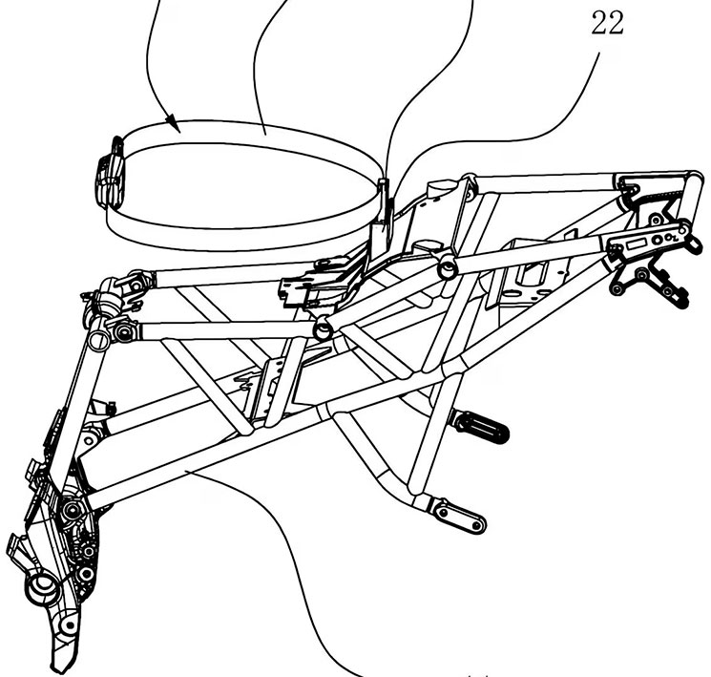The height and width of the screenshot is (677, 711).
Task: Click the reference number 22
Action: [x=608, y=24]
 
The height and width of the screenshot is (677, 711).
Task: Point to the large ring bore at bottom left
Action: [x=44, y=586]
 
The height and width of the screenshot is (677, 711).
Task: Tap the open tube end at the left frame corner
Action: [x=99, y=340]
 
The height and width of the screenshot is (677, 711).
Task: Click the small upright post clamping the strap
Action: [x=383, y=202]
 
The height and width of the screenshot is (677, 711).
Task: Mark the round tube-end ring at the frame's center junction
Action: [x=323, y=328]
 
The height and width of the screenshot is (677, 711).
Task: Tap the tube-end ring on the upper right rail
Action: [x=448, y=267]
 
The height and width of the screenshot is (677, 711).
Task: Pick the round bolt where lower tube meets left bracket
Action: [x=72, y=510]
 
